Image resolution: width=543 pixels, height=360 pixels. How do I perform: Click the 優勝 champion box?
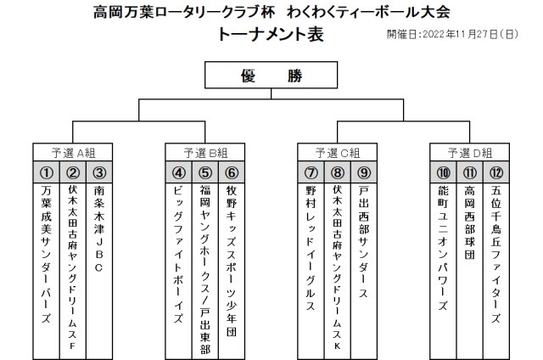coord(271,76)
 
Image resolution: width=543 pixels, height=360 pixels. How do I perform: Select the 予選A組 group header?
coord(73,153)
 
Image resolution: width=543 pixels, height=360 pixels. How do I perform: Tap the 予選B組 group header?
coord(205,153)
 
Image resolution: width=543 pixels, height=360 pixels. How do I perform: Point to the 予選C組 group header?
coord(338,153)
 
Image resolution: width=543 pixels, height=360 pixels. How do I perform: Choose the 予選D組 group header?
coord(469,153)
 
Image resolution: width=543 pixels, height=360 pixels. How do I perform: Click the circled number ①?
coord(47,172)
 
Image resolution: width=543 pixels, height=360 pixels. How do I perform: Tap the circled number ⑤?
coord(205,172)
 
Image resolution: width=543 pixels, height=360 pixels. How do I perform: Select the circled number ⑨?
coord(364,172)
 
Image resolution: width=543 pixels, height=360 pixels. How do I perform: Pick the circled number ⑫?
coord(495,172)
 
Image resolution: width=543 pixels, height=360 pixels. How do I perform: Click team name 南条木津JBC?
coord(99,229)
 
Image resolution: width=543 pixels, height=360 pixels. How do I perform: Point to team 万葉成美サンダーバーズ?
coord(47,255)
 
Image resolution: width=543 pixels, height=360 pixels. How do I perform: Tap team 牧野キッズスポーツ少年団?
coord(232,261)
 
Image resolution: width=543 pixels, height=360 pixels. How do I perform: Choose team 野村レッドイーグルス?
coord(311,248)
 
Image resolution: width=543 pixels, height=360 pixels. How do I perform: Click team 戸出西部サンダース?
coord(364,242)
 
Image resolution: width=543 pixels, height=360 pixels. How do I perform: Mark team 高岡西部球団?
coord(469,222)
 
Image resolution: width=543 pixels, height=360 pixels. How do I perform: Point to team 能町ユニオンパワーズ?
coord(443,248)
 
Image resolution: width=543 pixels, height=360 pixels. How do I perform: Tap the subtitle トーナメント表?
coord(271,34)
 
